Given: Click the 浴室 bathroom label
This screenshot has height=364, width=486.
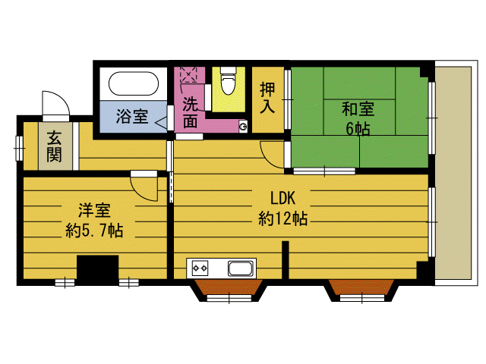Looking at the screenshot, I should pyautogui.click(x=131, y=117).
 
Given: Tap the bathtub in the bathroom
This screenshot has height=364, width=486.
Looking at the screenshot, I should pyautogui.click(x=133, y=83).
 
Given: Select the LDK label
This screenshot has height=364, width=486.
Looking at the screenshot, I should pyautogui.click(x=282, y=199).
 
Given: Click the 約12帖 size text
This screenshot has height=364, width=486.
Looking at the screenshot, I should pyautogui.click(x=282, y=220).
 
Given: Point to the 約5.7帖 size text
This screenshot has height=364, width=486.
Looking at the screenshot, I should pyautogui.click(x=94, y=231).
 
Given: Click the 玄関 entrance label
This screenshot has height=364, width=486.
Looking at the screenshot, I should pyautogui.click(x=55, y=146).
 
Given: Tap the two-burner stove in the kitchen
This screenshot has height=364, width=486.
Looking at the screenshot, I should pyautogui.click(x=200, y=268).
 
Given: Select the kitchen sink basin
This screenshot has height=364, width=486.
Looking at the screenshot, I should pyautogui.click(x=241, y=268).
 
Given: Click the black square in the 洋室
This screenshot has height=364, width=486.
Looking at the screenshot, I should pyautogui.click(x=98, y=270).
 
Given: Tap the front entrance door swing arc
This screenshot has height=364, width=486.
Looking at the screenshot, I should pyautogui.click(x=54, y=104).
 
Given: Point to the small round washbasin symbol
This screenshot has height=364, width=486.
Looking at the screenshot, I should pyautogui.click(x=243, y=126).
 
